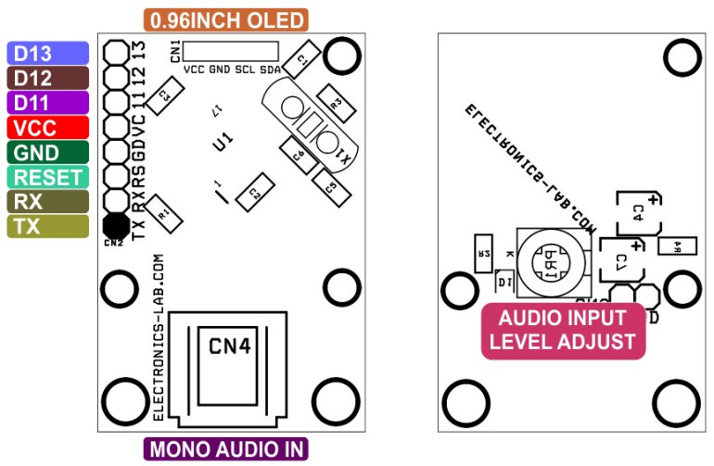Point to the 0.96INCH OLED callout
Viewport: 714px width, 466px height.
226,19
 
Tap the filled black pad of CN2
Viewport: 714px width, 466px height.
115,224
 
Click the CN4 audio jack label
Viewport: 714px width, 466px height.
228,346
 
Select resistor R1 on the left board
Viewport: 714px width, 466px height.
164,212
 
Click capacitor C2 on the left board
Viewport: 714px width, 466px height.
252,193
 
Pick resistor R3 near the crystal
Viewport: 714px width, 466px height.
335,103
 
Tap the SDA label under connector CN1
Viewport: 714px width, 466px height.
270,69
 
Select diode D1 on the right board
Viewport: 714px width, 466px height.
504,280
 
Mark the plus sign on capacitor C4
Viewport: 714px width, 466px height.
654,199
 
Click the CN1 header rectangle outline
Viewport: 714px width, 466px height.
231,51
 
